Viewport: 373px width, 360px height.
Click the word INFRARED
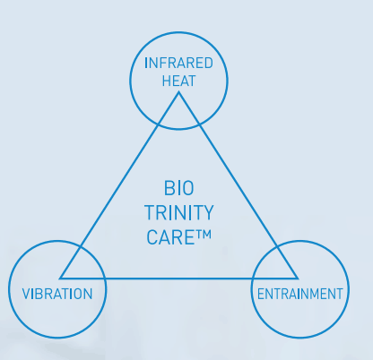click(178, 63)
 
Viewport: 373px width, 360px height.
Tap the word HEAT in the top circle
click(178, 81)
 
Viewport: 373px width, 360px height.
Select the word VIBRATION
click(57, 294)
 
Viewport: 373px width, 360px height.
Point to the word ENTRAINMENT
click(300, 294)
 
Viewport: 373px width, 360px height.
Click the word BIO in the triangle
click(179, 188)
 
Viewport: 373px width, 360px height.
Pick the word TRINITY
click(179, 212)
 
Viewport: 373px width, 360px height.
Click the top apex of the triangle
click(178, 92)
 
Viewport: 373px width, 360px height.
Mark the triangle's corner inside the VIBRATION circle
click(61, 279)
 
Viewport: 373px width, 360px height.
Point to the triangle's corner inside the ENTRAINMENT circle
click(298, 279)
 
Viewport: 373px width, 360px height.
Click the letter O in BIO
click(187, 188)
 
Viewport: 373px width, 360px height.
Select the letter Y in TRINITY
click(207, 212)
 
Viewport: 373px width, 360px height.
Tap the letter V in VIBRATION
click(26, 294)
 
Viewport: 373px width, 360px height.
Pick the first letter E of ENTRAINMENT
click(261, 294)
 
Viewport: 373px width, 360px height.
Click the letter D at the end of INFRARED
click(209, 63)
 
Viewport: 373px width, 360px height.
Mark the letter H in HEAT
click(167, 81)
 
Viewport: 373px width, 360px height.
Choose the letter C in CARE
click(152, 237)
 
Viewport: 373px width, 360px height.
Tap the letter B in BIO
click(169, 188)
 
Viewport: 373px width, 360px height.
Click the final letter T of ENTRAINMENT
click(340, 294)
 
